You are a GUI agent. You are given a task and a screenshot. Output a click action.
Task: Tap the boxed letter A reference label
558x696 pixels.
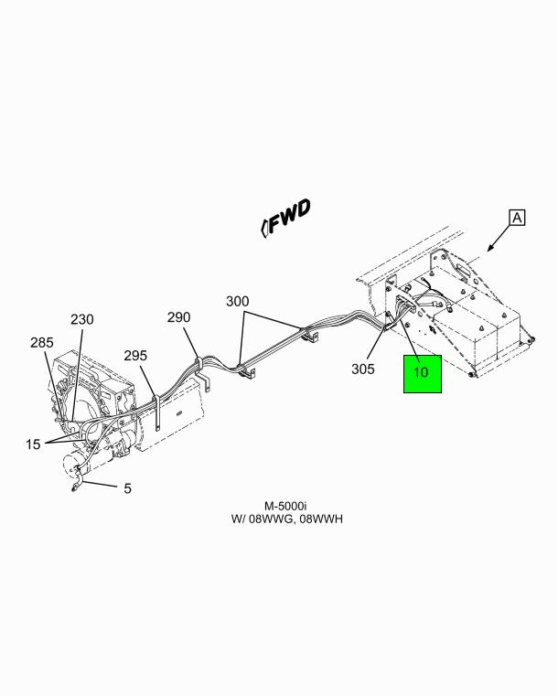517,218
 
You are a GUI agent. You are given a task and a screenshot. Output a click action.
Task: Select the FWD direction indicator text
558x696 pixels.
286,218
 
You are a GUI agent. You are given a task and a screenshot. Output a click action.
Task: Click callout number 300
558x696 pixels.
238,302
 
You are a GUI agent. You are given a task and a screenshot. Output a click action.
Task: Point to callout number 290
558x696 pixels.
178,317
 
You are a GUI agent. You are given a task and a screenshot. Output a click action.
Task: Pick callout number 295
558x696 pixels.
135,356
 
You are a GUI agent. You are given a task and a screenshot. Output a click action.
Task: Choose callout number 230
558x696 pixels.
82,319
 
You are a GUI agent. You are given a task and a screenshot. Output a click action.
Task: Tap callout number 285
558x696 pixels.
42,343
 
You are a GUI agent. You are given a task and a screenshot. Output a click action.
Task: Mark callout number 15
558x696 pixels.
33,444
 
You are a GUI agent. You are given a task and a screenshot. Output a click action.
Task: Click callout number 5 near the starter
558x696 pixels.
127,488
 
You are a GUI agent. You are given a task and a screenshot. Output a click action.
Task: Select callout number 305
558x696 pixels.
363,369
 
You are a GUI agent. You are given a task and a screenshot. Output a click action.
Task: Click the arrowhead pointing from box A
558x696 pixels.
490,249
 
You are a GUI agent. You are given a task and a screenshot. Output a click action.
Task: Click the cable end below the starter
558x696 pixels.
74,489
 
